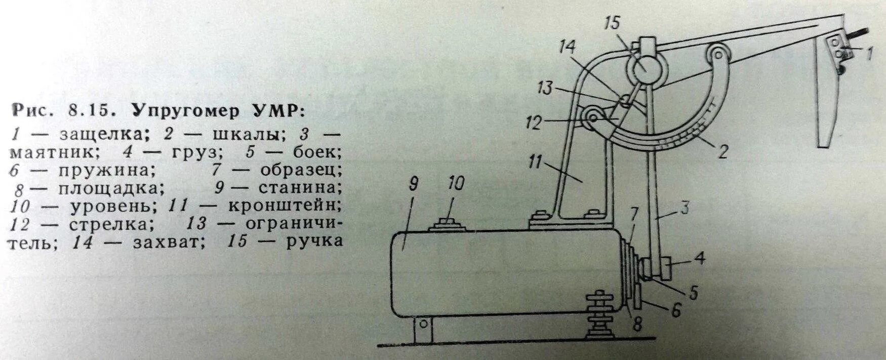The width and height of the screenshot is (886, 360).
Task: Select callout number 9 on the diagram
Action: (413, 185)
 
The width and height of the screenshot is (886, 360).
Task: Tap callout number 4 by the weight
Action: (699, 258)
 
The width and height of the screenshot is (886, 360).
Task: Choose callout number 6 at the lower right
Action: (676, 310)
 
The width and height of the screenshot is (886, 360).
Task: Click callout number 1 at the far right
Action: (869, 53)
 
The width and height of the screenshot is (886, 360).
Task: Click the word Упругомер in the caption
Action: (184, 110)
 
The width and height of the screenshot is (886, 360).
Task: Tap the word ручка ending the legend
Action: (314, 242)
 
